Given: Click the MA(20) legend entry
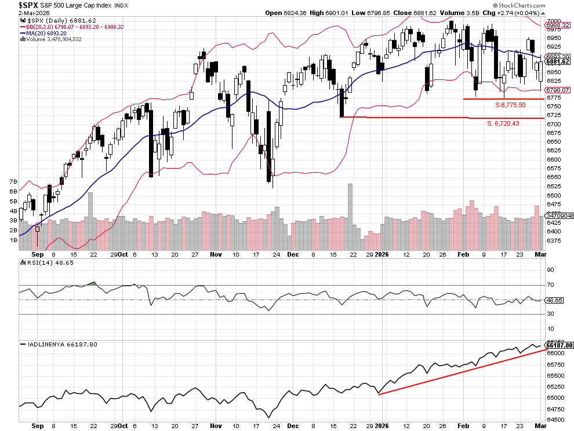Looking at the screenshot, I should [x=44, y=33].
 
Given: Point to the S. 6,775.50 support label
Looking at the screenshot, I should [x=510, y=105].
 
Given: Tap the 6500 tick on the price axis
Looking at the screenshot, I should [x=554, y=195].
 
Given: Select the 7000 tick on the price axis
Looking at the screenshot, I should [x=554, y=20].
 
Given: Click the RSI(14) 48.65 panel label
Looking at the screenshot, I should [x=40, y=263].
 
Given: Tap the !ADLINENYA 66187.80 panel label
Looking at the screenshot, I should [x=60, y=344].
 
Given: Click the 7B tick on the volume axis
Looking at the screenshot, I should [x=12, y=182].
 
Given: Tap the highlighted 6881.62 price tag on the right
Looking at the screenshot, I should [x=558, y=61].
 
